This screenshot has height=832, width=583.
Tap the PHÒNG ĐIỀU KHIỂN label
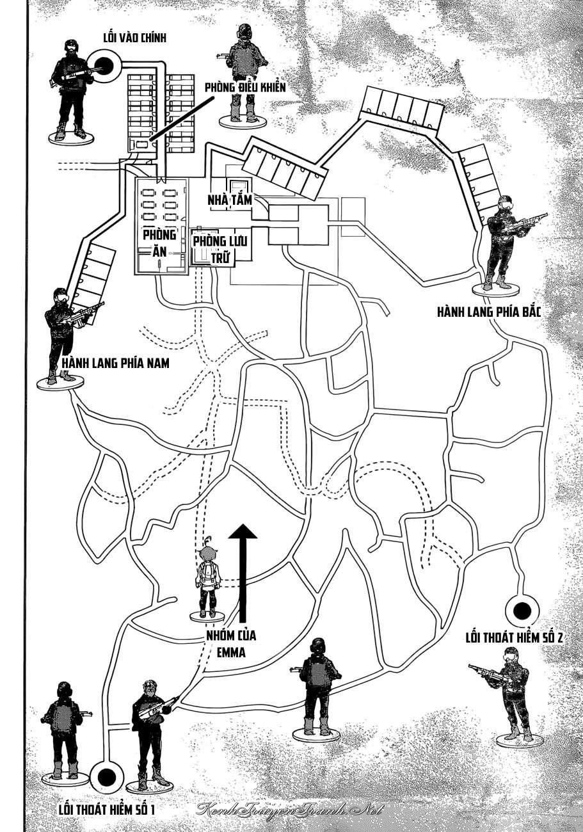point(244,88)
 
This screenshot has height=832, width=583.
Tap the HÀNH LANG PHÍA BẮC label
point(489,312)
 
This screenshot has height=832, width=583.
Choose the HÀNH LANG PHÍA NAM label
point(116,364)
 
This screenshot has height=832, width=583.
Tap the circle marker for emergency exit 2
point(520,608)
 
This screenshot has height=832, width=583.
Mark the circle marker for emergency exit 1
point(106,777)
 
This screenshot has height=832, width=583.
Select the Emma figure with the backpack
point(207,576)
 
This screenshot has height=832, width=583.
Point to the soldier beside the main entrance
point(68,90)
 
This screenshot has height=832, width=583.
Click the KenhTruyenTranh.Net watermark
point(291,809)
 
